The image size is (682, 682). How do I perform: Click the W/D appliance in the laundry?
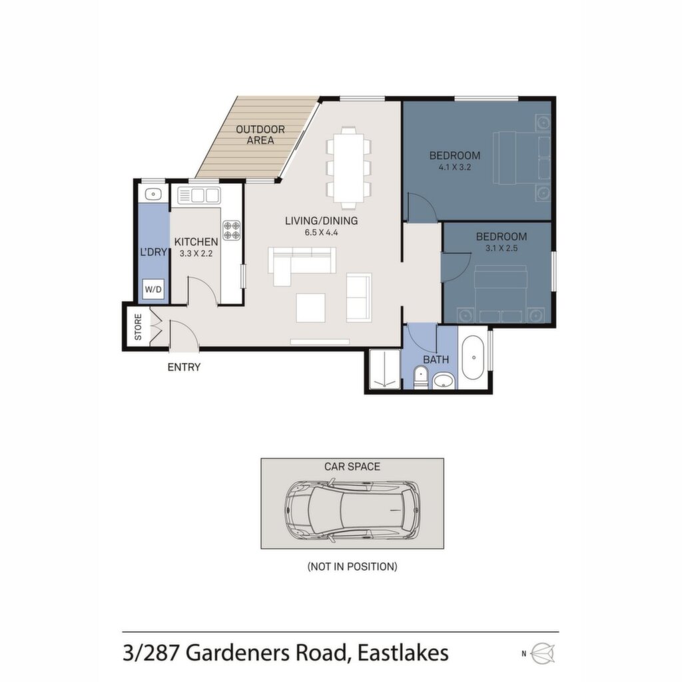click(153, 289)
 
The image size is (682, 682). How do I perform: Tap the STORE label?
click(138, 326)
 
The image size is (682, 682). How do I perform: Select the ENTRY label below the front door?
click(184, 367)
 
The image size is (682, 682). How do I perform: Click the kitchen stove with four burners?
click(231, 230)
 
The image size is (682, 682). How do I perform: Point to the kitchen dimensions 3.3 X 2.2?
click(196, 253)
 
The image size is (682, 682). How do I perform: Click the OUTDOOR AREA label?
click(260, 135)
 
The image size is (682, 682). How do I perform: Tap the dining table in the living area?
click(349, 168)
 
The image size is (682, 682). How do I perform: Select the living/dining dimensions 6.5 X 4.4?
click(322, 232)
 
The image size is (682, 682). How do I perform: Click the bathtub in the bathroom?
click(474, 358)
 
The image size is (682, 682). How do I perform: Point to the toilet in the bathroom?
click(420, 378)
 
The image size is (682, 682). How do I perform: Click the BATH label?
click(436, 360)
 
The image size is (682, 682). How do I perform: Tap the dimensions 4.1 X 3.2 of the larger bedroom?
click(455, 167)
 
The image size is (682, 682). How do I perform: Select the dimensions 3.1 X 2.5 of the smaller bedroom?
click(502, 248)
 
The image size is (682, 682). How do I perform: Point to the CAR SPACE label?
click(352, 467)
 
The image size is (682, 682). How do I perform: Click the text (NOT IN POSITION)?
click(352, 566)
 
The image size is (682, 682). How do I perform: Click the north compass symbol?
click(544, 653)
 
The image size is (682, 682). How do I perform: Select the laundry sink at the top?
click(153, 194)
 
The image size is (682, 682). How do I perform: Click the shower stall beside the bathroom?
click(384, 369)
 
